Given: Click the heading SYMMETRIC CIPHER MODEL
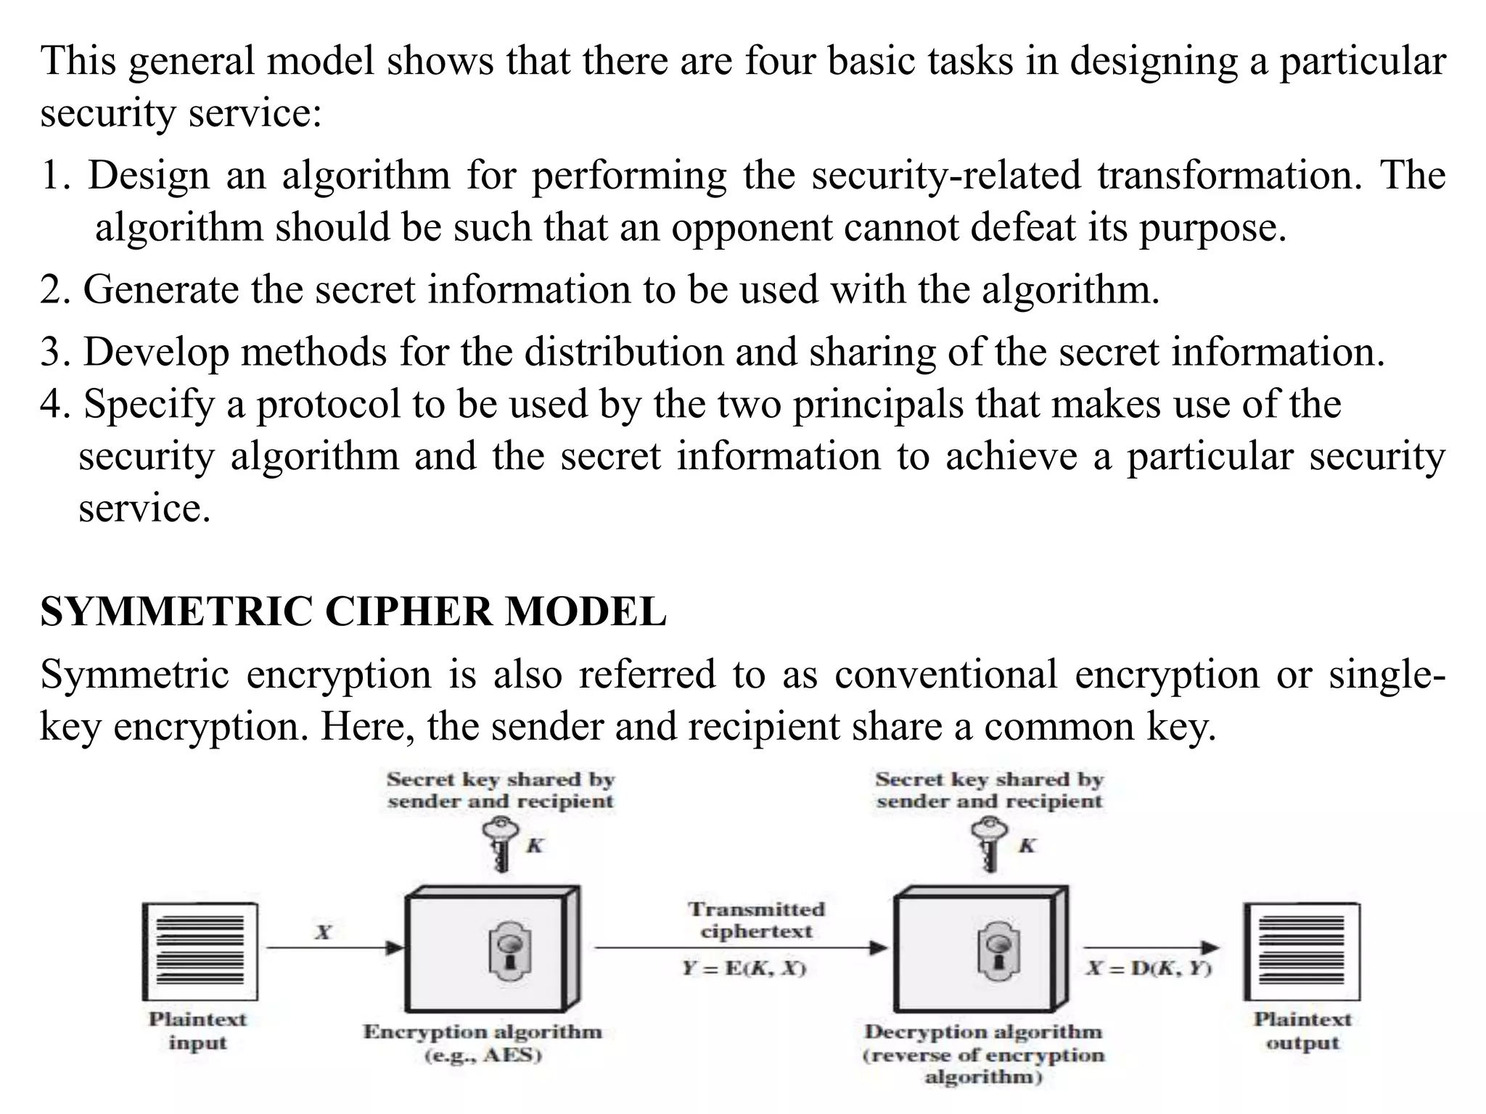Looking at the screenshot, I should point(353,611).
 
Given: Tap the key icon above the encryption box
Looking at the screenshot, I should point(501,844).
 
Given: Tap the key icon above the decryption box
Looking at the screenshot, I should point(990,844).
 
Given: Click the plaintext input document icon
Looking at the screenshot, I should point(200,952).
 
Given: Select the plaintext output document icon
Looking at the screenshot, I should point(1302,952).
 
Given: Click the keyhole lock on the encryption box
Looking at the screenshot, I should point(509,949).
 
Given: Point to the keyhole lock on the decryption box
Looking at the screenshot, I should point(999,949).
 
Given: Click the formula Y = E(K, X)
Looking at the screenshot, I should point(744,969).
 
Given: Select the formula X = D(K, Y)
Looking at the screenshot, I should point(1148,969).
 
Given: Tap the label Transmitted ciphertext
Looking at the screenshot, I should point(756,920).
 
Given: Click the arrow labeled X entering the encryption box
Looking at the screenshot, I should point(334,948).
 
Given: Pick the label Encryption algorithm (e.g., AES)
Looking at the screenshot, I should point(483,1042).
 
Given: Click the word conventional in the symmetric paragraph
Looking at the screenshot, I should point(945,674).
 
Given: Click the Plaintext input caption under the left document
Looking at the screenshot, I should point(197,1031).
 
